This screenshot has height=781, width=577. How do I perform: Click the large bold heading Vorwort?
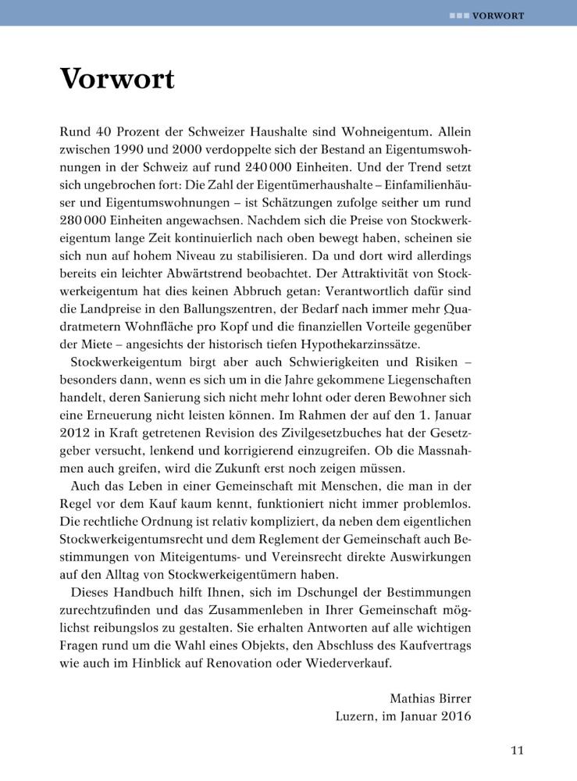117,80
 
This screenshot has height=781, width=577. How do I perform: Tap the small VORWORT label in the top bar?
498,15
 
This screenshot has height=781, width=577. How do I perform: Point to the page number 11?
517,751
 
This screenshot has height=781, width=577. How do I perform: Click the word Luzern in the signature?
353,716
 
